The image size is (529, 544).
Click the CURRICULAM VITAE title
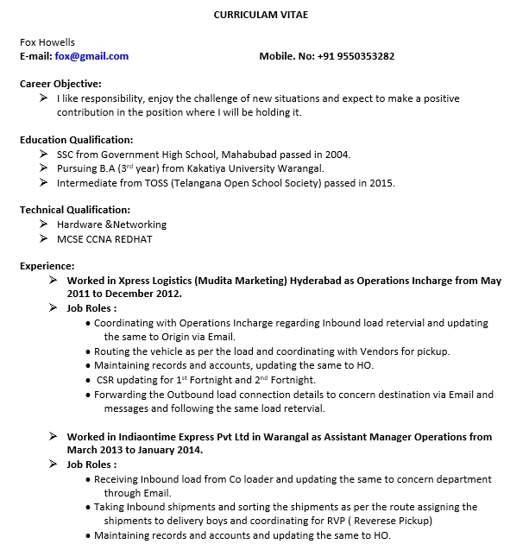click(x=260, y=15)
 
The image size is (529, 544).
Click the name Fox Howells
click(x=47, y=42)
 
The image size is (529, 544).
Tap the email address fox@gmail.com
click(x=91, y=56)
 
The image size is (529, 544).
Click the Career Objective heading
click(x=60, y=84)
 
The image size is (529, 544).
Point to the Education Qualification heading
click(x=76, y=140)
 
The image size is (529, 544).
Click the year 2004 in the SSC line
click(x=336, y=154)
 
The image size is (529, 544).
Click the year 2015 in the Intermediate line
click(x=380, y=183)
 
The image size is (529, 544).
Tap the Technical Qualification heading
click(x=75, y=210)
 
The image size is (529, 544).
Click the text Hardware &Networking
click(x=111, y=225)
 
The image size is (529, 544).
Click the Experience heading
click(x=47, y=266)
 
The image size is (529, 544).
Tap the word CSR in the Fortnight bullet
click(x=106, y=380)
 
